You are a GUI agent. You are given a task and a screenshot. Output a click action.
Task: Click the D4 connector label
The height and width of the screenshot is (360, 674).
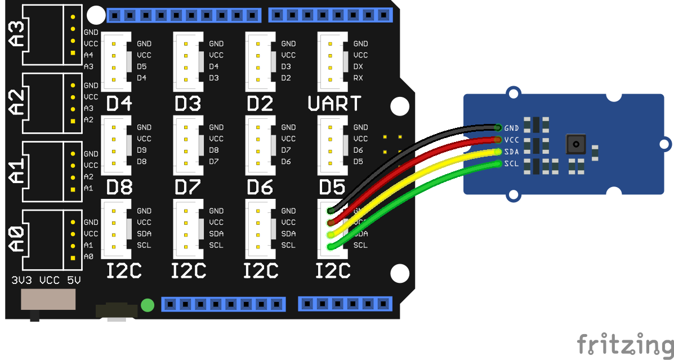point(119,104)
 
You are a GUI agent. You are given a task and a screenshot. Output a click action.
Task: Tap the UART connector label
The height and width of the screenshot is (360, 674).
point(334,104)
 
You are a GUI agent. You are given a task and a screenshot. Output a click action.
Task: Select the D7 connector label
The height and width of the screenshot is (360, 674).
point(189,186)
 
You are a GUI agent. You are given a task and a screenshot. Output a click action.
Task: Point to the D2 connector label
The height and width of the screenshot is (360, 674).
point(260,104)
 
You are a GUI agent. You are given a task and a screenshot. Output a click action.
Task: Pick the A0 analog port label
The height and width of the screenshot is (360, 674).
point(17,238)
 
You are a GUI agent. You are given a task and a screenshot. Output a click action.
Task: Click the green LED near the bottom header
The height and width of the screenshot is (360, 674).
point(148,305)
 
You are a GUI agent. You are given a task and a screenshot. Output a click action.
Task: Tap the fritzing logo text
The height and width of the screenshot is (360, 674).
point(625,344)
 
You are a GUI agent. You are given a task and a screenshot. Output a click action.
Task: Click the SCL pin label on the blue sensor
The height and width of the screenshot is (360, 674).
point(511,164)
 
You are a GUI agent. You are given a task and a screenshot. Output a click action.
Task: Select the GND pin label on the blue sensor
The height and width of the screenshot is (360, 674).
point(511,128)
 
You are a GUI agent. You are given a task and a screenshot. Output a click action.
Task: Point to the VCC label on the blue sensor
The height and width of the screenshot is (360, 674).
point(511,140)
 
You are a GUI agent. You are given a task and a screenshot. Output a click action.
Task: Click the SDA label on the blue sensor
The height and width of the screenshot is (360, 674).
point(511,152)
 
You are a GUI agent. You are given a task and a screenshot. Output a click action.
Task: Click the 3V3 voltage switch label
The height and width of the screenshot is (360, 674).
point(21,280)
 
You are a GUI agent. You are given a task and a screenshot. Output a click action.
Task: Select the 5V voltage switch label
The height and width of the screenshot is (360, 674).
point(74,280)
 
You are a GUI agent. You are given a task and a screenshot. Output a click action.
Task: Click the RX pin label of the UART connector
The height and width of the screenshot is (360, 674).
point(358,78)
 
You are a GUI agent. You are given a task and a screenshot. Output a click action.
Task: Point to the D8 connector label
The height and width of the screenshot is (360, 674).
point(119,186)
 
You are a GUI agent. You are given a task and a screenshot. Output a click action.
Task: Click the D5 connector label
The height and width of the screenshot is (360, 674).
point(332,186)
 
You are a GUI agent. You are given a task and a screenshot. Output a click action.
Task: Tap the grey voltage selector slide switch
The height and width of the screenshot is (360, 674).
point(48,300)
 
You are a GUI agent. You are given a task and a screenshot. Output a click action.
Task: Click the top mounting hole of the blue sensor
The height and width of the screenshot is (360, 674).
point(513,94)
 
